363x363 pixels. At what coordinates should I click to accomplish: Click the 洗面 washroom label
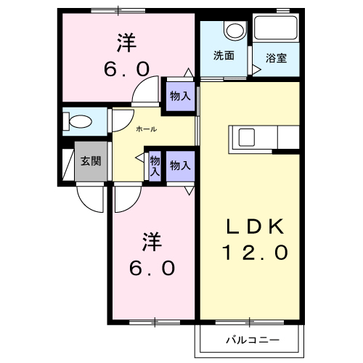pos(224,55)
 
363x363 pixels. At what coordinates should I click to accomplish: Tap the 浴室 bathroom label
pos(276,58)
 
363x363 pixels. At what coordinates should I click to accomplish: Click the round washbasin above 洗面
pos(235,30)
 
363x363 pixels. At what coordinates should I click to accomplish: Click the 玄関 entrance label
pos(91,161)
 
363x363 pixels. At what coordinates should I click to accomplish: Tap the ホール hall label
pos(147,129)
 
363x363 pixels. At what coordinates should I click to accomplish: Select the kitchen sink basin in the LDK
pos(247,137)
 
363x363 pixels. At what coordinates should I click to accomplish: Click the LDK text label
pos(255,227)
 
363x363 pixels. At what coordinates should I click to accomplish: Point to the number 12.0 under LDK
pos(255,252)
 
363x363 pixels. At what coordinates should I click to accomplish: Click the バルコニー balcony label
pos(253,340)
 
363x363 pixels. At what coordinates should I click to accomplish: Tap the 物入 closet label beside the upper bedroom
pos(180,96)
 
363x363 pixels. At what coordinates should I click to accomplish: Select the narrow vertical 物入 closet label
pos(155,166)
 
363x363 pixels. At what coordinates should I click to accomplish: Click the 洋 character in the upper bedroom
pos(126,43)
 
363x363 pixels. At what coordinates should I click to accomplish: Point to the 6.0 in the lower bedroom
pos(152,268)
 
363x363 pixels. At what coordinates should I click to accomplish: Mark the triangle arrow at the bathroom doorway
pos(256,70)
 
